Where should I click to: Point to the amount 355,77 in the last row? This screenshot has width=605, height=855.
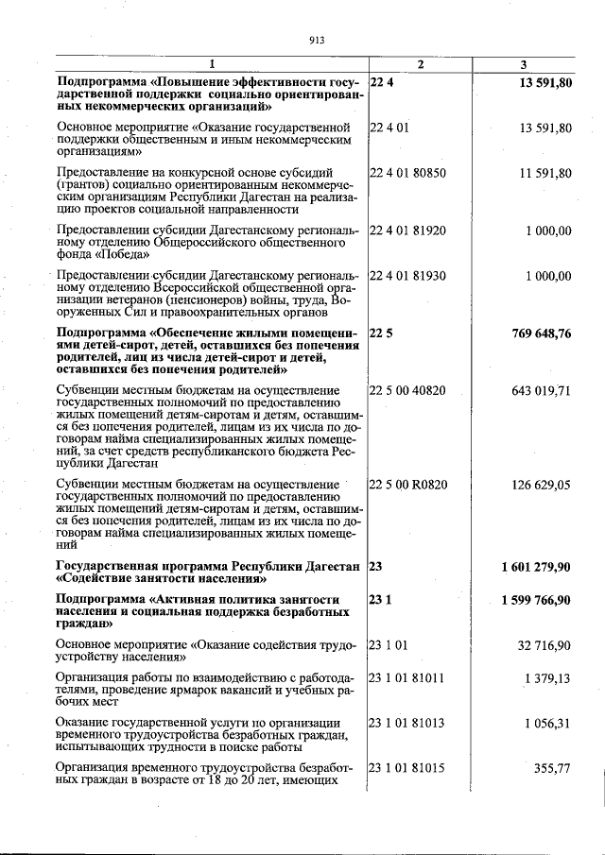(x=552, y=768)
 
